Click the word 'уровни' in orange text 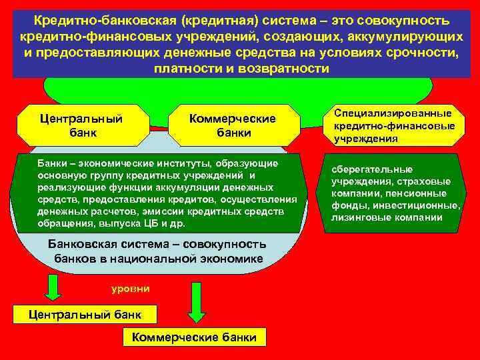(x=125, y=289)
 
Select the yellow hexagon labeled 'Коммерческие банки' (x=233, y=125)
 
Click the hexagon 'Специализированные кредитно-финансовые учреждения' (x=394, y=125)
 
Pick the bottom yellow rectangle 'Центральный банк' (x=79, y=315)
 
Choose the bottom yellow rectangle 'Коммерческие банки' (x=194, y=337)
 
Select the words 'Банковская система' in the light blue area (x=113, y=244)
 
